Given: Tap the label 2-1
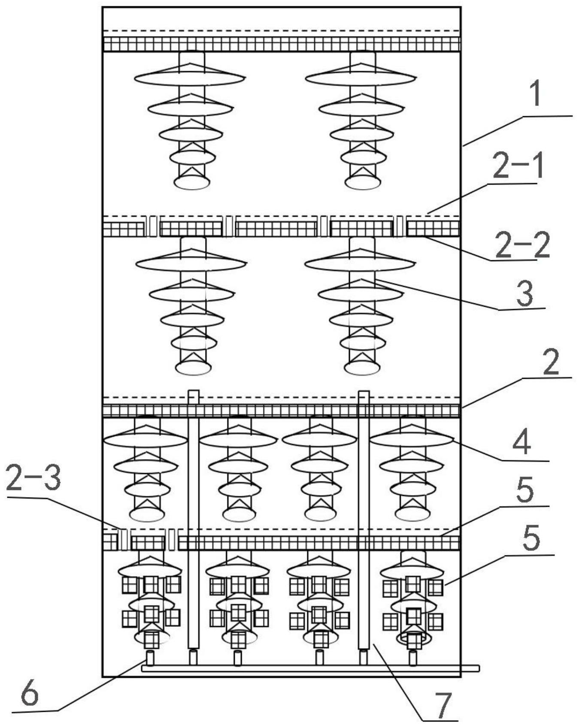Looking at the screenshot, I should (x=518, y=167).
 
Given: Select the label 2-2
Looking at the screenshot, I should (x=522, y=244).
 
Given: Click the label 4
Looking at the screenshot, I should (x=522, y=443).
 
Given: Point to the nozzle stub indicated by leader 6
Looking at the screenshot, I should (x=150, y=657).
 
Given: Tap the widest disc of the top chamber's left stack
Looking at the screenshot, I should (x=189, y=79).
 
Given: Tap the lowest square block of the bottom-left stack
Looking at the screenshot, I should (x=151, y=640).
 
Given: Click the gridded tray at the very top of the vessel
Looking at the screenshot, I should (x=281, y=44).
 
